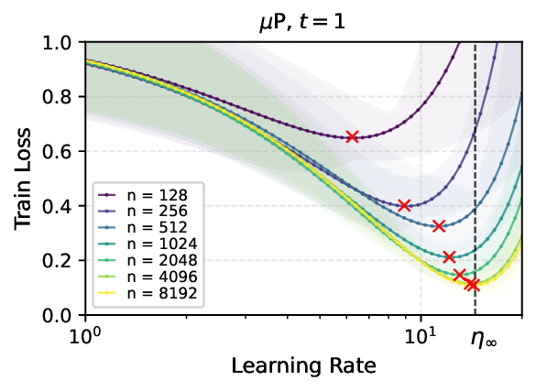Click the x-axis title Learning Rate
[x=302, y=367]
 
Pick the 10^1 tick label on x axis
[x=421, y=336]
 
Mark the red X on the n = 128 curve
[x=352, y=137]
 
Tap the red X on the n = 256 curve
[x=404, y=205]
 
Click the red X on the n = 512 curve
[x=438, y=226]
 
